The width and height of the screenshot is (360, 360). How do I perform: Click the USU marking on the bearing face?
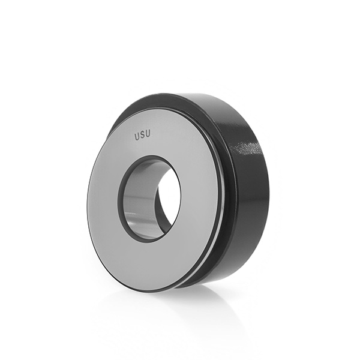tap(142, 135)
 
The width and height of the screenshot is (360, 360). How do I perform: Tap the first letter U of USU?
tap(137, 136)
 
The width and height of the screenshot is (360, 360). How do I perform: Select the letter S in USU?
tap(142, 135)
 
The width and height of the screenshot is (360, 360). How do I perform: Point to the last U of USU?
tap(148, 134)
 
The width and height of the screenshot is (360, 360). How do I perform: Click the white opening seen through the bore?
tap(170, 195)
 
